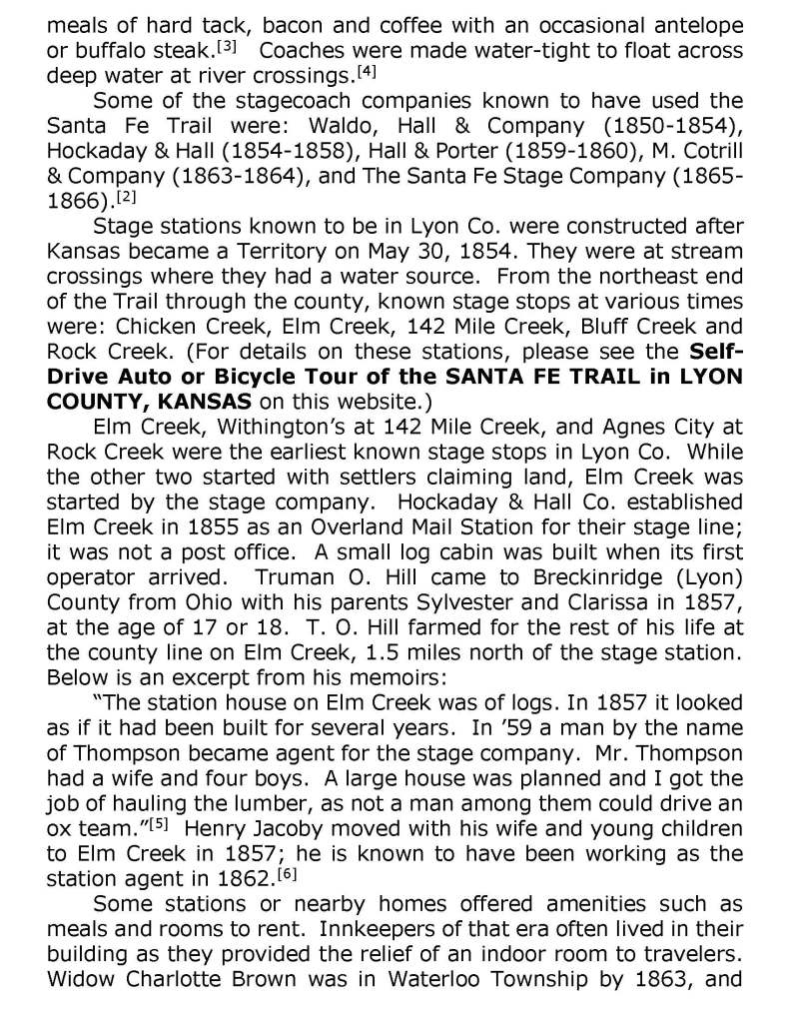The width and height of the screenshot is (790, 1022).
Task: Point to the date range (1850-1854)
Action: tap(667, 127)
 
